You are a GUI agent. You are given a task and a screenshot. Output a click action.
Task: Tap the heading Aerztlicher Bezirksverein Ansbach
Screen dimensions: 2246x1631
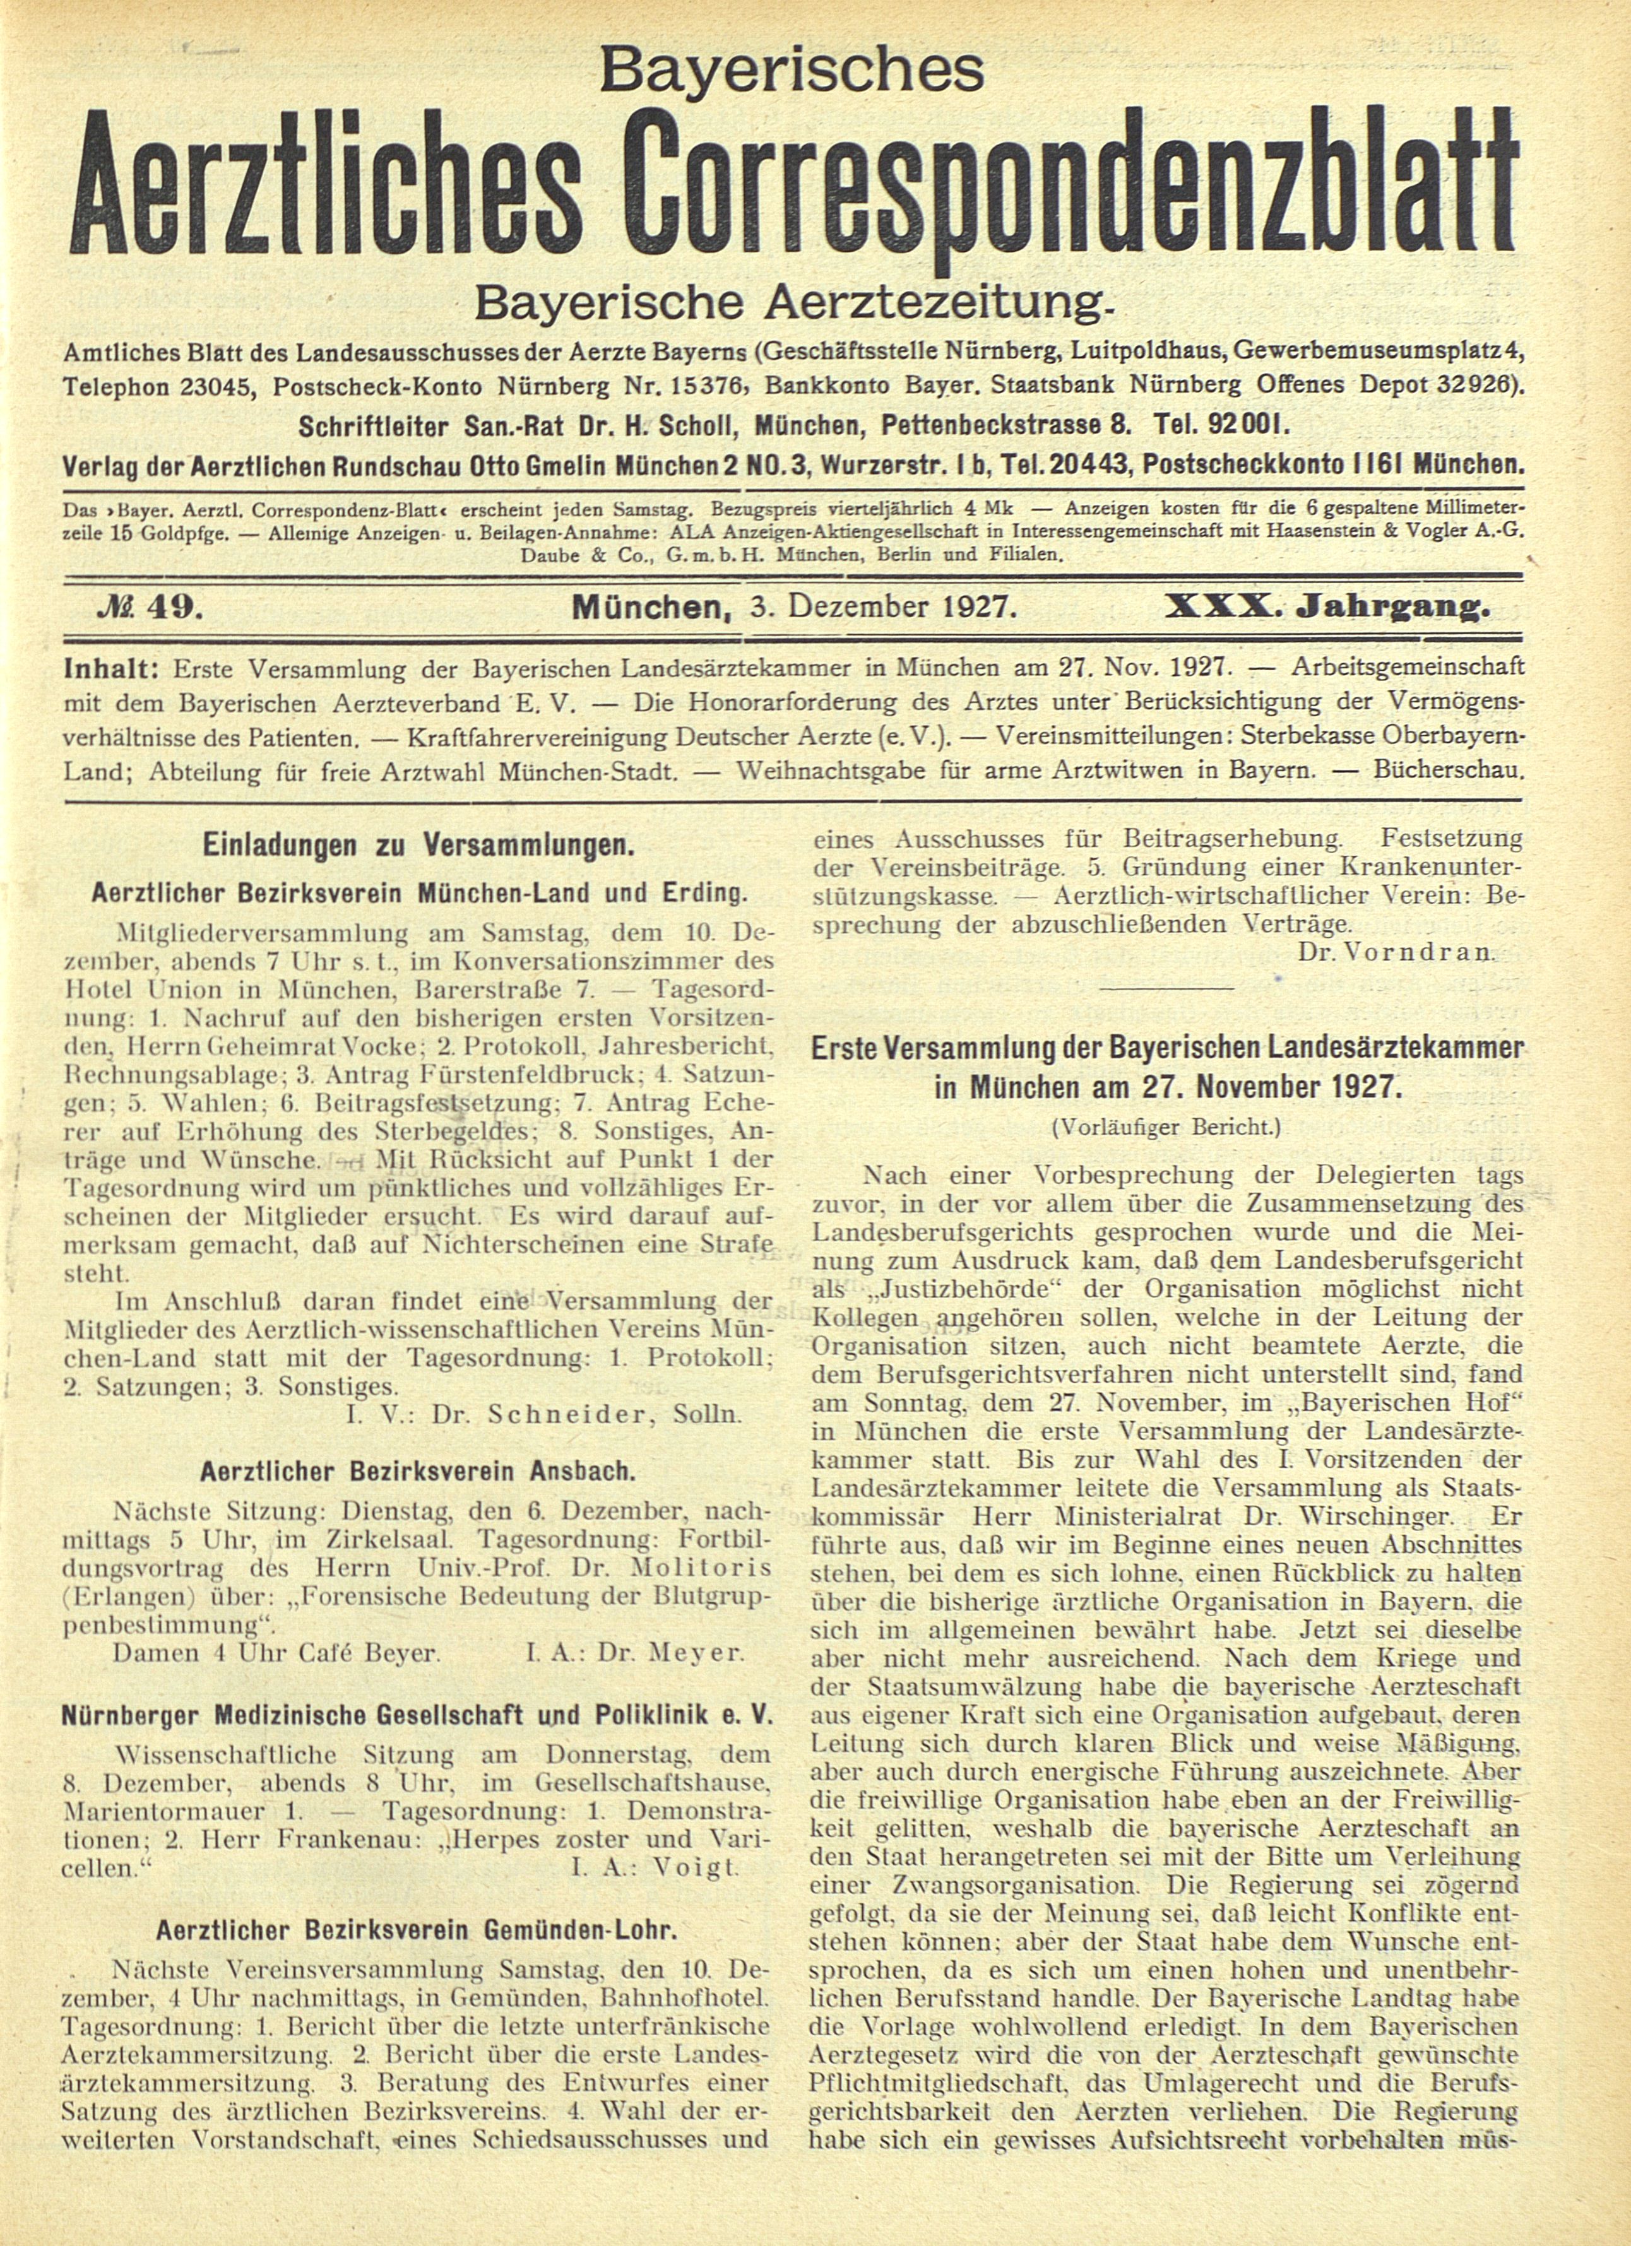click(x=417, y=1470)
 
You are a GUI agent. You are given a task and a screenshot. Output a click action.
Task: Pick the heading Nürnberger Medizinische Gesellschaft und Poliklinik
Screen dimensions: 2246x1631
click(x=417, y=1713)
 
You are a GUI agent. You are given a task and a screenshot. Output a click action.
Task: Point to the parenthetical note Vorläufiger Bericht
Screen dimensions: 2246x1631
click(x=1166, y=1126)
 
